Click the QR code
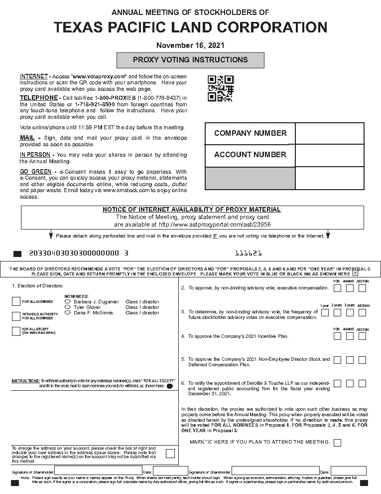coord(220,88)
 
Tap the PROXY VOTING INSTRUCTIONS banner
coord(190,60)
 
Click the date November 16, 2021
coord(190,45)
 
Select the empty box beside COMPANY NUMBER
coord(329,133)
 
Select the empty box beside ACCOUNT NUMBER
coord(329,155)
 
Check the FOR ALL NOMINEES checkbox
coord(16,301)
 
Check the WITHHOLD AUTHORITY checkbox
coord(16,316)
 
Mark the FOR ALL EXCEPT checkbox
coord(16,331)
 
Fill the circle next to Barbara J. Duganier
coord(68,302)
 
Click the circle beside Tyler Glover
coord(68,307)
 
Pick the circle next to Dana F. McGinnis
coord(68,313)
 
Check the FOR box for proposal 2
coord(337,288)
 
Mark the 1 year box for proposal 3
coord(325,312)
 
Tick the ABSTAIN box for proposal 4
coord(362,336)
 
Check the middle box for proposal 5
coord(350,360)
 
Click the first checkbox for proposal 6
coord(337,384)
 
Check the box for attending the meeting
coord(337,443)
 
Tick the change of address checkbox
coord(170,454)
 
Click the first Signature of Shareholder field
coord(98,471)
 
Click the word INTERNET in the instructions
coord(33,76)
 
